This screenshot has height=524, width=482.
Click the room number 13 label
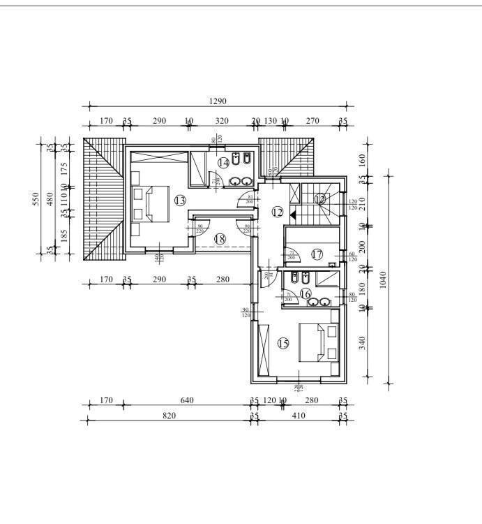[180, 201]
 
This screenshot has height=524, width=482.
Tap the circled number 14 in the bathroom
[223, 163]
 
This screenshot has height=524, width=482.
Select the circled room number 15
[283, 343]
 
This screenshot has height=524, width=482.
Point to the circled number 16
[305, 295]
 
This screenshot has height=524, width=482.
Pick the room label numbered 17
[317, 254]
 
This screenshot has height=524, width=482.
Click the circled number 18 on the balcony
[220, 238]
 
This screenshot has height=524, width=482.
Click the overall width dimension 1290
[218, 102]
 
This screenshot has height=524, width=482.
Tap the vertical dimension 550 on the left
[36, 200]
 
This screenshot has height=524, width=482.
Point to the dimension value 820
[169, 416]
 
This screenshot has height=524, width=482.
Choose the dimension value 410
[299, 416]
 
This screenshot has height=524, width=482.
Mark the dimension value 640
[186, 400]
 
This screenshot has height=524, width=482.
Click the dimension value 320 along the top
[222, 121]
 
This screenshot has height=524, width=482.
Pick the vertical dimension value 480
[50, 200]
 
